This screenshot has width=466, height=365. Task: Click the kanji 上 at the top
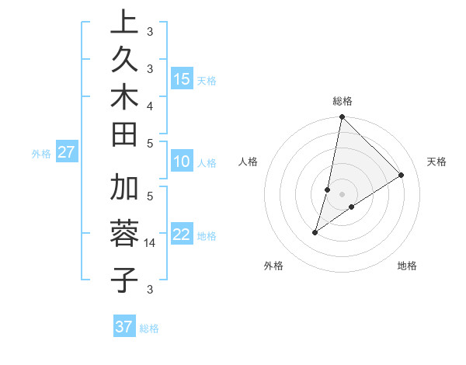(124, 23)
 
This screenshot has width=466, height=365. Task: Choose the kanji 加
(124, 187)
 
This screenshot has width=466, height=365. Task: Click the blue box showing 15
(182, 79)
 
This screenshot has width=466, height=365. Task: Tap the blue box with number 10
(182, 162)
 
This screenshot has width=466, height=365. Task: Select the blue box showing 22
(182, 235)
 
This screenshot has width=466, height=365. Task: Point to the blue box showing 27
(66, 152)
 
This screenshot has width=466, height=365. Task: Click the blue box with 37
(123, 327)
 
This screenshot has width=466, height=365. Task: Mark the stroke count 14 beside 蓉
(151, 243)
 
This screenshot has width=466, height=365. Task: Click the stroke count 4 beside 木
(150, 104)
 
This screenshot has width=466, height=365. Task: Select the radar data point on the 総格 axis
(342, 117)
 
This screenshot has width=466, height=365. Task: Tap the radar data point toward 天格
(402, 176)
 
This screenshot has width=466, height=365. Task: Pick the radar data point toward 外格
(315, 232)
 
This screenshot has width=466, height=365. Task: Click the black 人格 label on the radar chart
(249, 162)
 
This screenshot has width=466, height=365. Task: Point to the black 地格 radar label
(407, 266)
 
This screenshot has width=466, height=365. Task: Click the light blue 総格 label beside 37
(149, 328)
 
